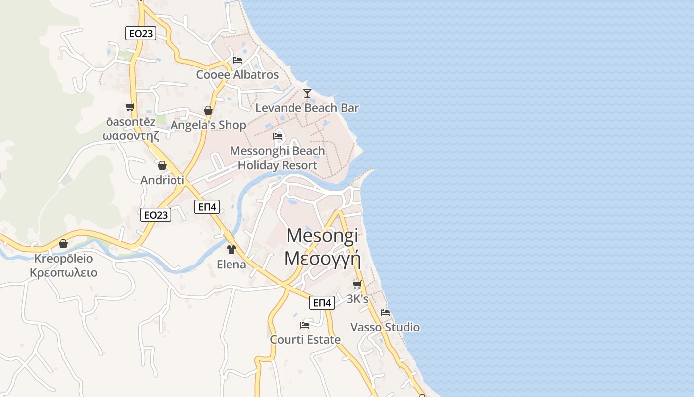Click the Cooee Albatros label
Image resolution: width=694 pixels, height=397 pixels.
(237, 75)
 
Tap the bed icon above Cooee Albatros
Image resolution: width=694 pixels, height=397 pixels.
(237, 60)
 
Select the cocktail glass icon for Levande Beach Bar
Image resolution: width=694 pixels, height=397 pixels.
(307, 93)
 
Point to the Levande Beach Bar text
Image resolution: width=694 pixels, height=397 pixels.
(307, 108)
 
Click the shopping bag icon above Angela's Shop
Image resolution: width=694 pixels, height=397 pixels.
(208, 110)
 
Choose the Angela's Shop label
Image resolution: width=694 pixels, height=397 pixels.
(208, 125)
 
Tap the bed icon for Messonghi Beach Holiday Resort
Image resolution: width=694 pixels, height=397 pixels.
(278, 136)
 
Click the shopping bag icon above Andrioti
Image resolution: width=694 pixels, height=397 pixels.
(162, 165)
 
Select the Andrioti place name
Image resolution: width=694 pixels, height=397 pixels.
(162, 180)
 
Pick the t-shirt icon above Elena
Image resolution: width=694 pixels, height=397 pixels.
(231, 249)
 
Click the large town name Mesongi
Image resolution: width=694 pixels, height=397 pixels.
(322, 235)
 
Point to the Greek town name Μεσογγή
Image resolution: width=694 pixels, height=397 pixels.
(322, 259)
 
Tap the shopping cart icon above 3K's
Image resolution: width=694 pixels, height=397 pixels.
(357, 284)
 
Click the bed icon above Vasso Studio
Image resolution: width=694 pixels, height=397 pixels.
(385, 313)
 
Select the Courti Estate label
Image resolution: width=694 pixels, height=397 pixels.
(305, 340)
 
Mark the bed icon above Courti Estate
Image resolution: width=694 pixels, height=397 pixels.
(305, 325)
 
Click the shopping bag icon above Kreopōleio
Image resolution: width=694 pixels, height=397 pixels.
(63, 244)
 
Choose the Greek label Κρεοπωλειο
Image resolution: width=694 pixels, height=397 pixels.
(63, 273)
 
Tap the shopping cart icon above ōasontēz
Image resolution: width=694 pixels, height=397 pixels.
(130, 107)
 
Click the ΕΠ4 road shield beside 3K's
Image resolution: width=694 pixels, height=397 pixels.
(322, 303)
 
